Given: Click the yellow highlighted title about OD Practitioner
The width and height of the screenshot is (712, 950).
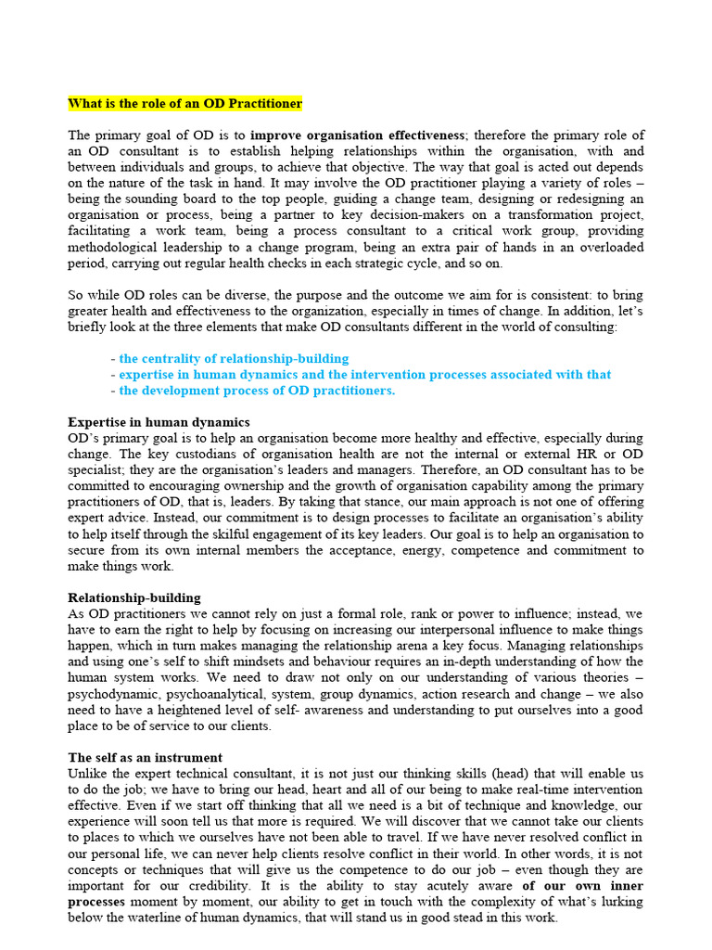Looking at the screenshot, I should (185, 103).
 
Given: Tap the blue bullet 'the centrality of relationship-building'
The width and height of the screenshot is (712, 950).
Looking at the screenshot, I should (234, 358).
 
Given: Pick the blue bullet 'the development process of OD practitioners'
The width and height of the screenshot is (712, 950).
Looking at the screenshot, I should (257, 391).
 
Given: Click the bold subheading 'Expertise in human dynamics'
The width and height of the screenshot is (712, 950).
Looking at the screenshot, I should (159, 422).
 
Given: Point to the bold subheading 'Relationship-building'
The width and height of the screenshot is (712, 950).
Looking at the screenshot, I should (134, 597).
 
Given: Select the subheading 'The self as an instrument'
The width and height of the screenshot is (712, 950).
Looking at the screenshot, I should (146, 757).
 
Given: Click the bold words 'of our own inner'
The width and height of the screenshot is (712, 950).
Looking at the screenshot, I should (582, 886).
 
